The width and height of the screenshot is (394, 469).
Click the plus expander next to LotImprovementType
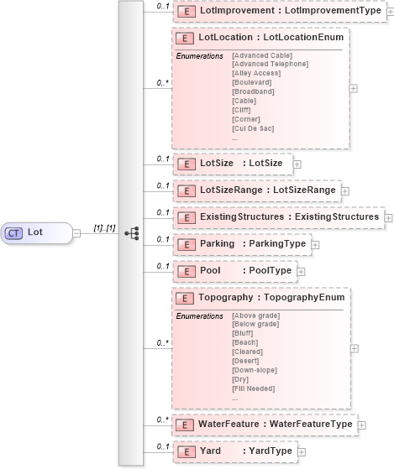pos(389,11)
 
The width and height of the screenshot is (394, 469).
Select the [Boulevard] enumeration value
pos(251,82)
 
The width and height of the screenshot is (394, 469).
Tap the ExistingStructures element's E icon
pos(183,217)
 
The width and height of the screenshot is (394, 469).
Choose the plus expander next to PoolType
pos(302,272)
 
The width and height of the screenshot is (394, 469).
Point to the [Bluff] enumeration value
pos(244,333)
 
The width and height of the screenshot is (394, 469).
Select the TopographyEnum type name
pos(304,298)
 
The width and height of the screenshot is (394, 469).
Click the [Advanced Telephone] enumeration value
pos(270,64)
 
